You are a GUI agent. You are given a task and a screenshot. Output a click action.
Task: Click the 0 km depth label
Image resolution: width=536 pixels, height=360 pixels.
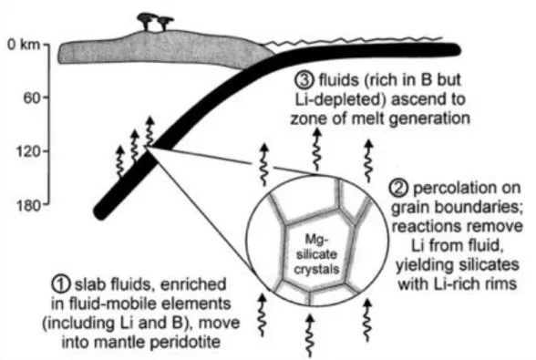tap(24, 45)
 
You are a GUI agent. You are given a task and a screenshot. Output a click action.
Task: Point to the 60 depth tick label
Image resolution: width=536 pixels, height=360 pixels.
tap(32, 98)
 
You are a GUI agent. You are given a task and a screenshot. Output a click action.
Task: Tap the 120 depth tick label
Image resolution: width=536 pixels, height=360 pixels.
tap(28, 151)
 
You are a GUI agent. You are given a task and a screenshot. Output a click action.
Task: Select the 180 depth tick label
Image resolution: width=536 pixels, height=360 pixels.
tap(28, 205)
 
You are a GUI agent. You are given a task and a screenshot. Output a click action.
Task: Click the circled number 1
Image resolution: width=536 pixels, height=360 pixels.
tap(61, 284)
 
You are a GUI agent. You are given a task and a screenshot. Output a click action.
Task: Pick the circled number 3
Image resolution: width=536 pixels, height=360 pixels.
tap(304, 80)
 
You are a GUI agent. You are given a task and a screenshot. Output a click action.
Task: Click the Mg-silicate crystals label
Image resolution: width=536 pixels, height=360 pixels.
tap(316, 254)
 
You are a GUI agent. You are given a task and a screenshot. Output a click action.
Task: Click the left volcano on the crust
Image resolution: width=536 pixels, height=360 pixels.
tap(146, 21)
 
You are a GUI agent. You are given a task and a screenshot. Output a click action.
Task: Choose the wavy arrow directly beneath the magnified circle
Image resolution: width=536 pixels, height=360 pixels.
tap(310, 336)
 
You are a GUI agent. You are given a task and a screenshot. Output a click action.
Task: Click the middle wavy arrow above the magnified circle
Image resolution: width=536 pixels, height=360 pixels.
tap(317, 149)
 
